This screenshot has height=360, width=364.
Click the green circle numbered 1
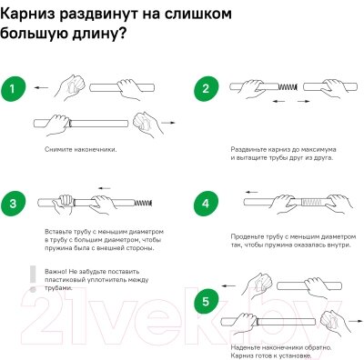[13, 89]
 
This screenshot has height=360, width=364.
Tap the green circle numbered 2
[206, 88]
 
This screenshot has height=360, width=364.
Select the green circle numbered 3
[13, 204]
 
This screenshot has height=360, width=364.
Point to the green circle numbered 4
[206, 204]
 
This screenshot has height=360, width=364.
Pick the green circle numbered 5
[206, 302]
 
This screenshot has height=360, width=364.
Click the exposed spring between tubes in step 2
[288, 87]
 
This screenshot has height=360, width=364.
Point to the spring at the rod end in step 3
[143, 203]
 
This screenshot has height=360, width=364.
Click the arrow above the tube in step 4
[252, 192]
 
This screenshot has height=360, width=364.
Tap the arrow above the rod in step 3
[105, 188]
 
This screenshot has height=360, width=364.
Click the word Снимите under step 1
[58, 149]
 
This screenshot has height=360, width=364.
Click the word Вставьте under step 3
[58, 232]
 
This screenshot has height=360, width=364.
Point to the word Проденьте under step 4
[247, 237]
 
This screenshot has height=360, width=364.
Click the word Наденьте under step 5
[245, 347]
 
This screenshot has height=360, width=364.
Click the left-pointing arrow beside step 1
[41, 88]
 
